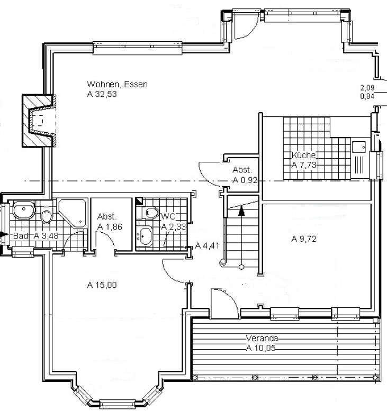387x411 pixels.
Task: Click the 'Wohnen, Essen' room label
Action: click(x=117, y=85)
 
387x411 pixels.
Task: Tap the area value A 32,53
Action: click(x=102, y=94)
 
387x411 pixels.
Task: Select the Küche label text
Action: click(x=303, y=155)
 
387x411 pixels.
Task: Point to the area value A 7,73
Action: click(x=304, y=165)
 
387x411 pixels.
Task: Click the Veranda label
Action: click(x=262, y=338)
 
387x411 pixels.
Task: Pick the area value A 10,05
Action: click(x=261, y=348)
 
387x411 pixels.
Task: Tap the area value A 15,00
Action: click(x=102, y=285)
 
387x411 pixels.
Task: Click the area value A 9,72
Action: click(x=304, y=239)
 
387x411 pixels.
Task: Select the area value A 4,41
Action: click(x=208, y=245)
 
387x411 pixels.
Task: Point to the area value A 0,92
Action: click(x=245, y=180)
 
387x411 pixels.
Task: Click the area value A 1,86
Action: click(x=110, y=227)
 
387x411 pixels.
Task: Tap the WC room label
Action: click(x=168, y=216)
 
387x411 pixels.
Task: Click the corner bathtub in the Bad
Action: click(x=73, y=213)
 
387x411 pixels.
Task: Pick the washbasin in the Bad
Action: click(x=24, y=210)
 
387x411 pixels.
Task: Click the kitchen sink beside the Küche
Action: click(x=358, y=147)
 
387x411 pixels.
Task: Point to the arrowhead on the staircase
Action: click(x=241, y=211)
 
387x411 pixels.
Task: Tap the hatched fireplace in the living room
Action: click(x=39, y=121)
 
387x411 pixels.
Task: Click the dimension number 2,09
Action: click(x=367, y=88)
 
